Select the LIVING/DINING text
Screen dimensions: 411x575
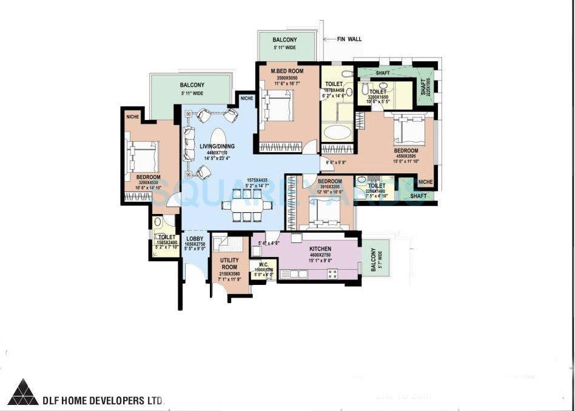(217, 146)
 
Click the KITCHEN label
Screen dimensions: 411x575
(320, 249)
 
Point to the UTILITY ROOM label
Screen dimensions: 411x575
(229, 263)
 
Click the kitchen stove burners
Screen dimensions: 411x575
(332, 274)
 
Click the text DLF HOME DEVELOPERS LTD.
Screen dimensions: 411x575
(103, 401)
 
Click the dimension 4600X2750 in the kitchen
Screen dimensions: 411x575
(320, 256)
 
